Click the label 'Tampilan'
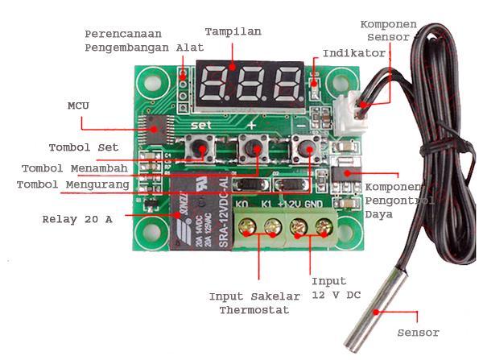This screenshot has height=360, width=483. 233,31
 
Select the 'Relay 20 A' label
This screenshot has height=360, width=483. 77,219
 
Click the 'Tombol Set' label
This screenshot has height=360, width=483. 84,147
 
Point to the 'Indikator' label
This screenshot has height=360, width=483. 354,53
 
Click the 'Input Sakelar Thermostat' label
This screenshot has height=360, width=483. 254,303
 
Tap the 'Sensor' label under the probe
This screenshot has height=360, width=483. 419,333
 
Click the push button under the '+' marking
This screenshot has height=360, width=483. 251,151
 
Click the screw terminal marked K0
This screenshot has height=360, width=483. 245,228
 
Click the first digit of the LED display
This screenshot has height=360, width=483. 216,81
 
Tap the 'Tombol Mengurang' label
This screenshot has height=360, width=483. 74,185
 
